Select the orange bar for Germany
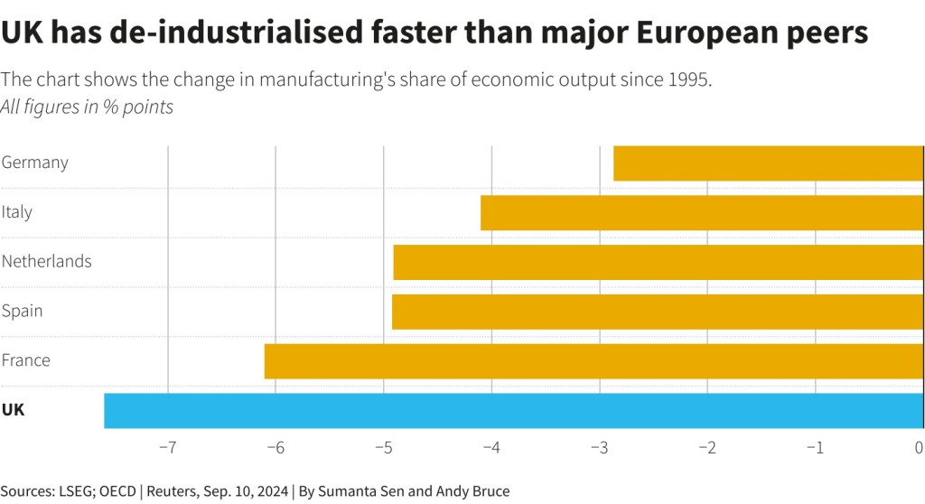pyautogui.click(x=768, y=163)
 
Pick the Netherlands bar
pyautogui.click(x=659, y=262)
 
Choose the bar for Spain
pyautogui.click(x=658, y=311)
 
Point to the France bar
pyautogui.click(x=593, y=360)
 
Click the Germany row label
pyautogui.click(x=35, y=163)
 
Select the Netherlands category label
pyautogui.click(x=47, y=262)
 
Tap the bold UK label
pyautogui.click(x=14, y=410)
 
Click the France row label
pyautogui.click(x=26, y=360)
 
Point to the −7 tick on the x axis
pyautogui.click(x=167, y=448)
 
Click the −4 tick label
pyautogui.click(x=491, y=448)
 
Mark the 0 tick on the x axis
pyautogui.click(x=919, y=448)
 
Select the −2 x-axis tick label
pyautogui.click(x=706, y=448)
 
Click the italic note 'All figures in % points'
pyautogui.click(x=88, y=107)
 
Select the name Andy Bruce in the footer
pyautogui.click(x=473, y=491)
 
